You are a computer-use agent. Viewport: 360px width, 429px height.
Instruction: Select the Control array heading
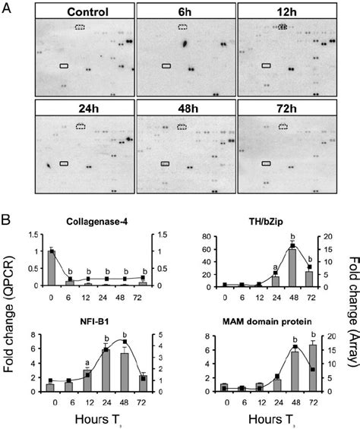pyautogui.click(x=82, y=13)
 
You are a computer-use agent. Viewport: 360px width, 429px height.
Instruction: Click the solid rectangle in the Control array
pyautogui.click(x=65, y=66)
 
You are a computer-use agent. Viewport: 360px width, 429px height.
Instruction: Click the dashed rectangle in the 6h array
pyautogui.click(x=183, y=27)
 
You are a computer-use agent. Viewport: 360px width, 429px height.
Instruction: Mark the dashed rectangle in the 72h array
pyautogui.click(x=284, y=126)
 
